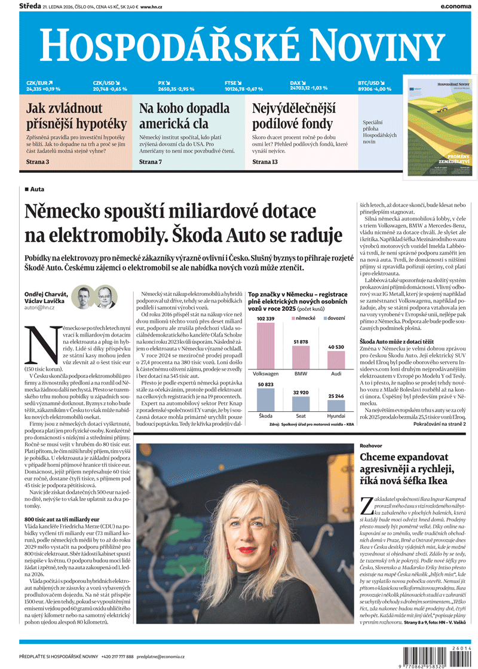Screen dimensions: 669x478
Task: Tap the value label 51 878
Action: (301, 341)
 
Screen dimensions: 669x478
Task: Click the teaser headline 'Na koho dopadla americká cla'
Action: (184, 116)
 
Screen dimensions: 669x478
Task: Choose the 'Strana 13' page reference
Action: (265, 162)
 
